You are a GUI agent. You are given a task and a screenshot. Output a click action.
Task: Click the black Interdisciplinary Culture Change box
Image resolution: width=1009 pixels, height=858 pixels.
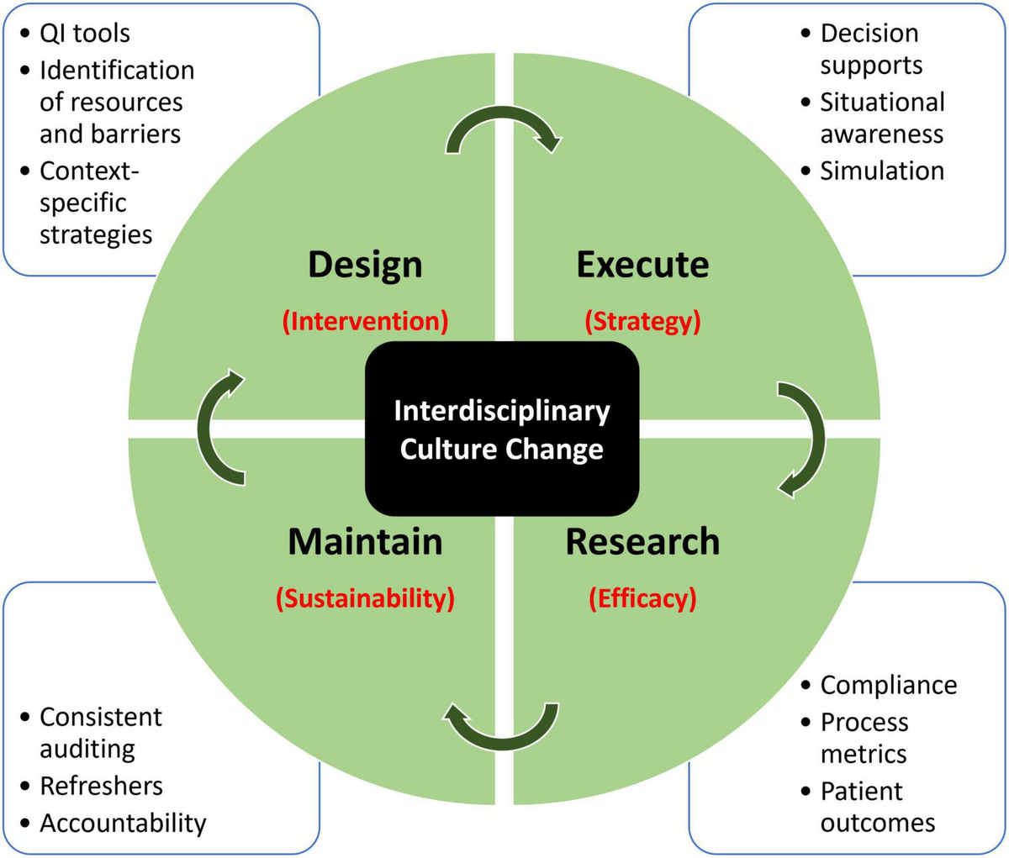click(x=502, y=429)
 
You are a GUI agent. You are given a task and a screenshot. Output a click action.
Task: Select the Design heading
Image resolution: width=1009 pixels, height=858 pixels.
click(x=365, y=265)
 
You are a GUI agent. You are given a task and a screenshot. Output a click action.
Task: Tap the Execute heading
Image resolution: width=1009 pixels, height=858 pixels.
click(x=642, y=265)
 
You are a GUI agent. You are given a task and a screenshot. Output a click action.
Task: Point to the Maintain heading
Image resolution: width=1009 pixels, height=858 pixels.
click(x=365, y=542)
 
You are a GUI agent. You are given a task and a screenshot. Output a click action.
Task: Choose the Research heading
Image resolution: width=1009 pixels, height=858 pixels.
click(x=642, y=542)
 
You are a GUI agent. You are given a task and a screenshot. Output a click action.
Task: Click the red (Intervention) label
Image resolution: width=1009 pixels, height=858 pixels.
click(x=365, y=321)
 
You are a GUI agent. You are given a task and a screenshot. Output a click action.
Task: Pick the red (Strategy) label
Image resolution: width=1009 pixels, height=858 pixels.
click(x=642, y=321)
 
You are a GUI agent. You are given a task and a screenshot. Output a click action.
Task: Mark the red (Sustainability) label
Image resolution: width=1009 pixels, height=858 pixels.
click(x=365, y=598)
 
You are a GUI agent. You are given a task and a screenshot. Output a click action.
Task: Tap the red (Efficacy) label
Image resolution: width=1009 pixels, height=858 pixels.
click(x=642, y=598)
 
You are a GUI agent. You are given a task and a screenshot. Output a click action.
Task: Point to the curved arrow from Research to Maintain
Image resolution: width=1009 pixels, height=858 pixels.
click(x=501, y=727)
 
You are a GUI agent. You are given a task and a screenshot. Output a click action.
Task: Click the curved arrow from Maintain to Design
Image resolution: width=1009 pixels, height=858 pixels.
click(x=217, y=429)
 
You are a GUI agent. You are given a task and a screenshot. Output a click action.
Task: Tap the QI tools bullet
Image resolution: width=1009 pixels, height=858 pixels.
click(x=84, y=34)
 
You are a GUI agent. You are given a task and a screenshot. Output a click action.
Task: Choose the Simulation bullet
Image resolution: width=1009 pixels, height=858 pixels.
click(x=881, y=171)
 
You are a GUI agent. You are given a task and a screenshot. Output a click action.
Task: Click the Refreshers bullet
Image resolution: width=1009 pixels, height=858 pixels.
click(x=101, y=786)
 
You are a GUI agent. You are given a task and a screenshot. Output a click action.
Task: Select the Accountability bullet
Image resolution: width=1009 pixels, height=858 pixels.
click(x=122, y=823)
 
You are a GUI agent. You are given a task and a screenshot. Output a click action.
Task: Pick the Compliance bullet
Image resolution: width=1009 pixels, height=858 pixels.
click(x=888, y=685)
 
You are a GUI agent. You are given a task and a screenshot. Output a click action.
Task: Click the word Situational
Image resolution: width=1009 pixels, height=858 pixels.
click(x=882, y=102)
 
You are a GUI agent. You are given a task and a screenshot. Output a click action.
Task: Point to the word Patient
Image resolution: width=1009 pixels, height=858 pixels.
click(x=861, y=791)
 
